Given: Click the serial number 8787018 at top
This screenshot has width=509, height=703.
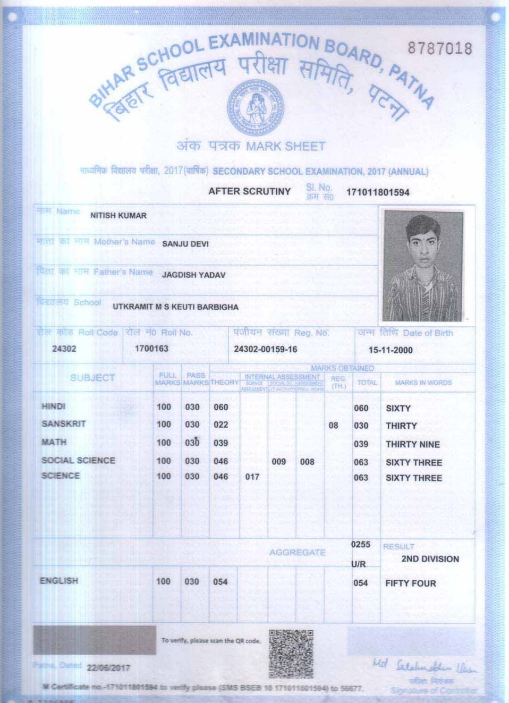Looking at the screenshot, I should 439,48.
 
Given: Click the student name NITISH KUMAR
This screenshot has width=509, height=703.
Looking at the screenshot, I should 118,216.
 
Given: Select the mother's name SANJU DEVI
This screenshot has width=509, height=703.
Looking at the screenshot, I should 185,244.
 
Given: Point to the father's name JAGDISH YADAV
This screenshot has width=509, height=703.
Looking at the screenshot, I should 193,275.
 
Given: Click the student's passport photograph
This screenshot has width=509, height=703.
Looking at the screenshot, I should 423,265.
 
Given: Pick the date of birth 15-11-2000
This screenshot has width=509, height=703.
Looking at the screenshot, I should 390,350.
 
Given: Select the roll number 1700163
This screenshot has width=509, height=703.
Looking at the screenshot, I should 151,349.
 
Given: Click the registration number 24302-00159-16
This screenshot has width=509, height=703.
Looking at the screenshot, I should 265,349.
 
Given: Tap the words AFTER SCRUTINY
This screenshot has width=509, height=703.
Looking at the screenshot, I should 249,191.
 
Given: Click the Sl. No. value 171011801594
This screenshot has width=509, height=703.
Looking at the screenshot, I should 377,192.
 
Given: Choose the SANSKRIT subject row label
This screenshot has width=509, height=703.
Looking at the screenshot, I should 63,424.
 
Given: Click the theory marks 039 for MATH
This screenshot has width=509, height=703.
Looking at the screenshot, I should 220,443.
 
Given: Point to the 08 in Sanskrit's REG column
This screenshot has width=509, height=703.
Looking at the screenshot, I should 333,425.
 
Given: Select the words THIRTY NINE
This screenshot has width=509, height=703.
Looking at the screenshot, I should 412,444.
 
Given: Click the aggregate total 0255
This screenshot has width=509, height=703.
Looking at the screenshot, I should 360,545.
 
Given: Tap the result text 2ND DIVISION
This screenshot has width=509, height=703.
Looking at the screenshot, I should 429,559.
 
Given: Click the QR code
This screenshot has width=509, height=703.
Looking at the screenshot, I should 291,654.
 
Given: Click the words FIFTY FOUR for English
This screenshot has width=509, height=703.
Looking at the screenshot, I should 410,583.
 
